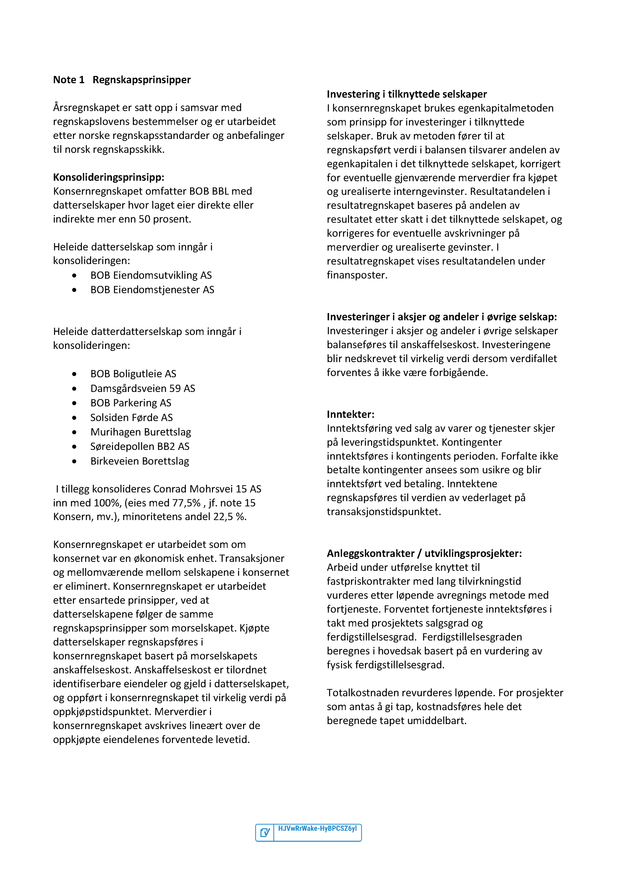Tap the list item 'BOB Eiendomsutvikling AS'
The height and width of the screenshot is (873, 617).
click(151, 275)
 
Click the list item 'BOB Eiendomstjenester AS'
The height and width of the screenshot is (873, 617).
click(152, 290)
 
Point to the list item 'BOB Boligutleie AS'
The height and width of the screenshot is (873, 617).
click(133, 374)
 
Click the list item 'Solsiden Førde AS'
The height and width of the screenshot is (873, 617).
click(132, 417)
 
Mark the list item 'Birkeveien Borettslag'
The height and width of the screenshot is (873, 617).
click(139, 461)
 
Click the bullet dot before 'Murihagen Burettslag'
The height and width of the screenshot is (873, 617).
click(74, 432)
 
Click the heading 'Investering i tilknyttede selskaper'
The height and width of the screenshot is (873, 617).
click(406, 94)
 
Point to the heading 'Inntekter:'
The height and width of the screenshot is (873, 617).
click(350, 414)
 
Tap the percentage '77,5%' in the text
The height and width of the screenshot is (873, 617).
click(186, 503)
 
